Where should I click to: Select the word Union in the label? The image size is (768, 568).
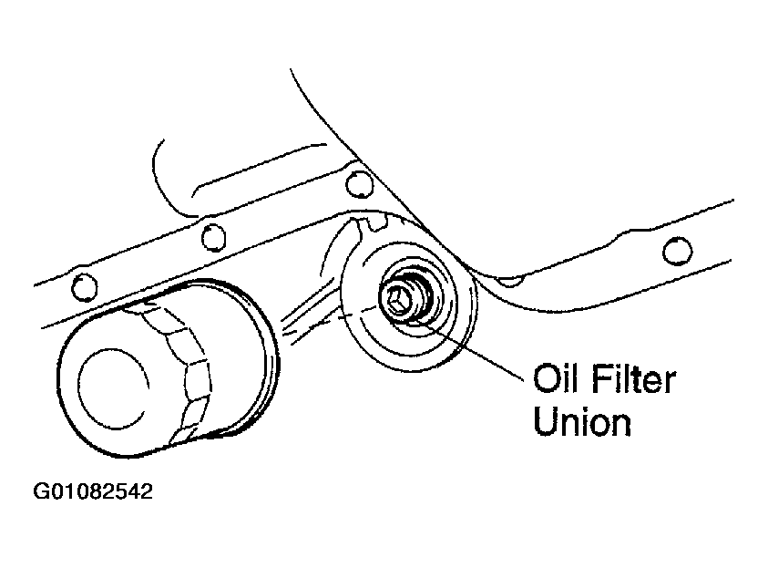582,421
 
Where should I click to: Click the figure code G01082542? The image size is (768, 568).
93,491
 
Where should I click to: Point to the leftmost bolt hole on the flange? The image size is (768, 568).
84,287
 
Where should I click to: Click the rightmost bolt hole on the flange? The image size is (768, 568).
678,251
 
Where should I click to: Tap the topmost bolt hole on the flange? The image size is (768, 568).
360,184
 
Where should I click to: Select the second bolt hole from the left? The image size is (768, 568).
213,237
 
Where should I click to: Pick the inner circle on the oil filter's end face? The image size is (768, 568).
113,388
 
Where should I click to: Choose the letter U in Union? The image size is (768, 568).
545,421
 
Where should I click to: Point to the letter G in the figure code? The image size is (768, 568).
40,491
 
